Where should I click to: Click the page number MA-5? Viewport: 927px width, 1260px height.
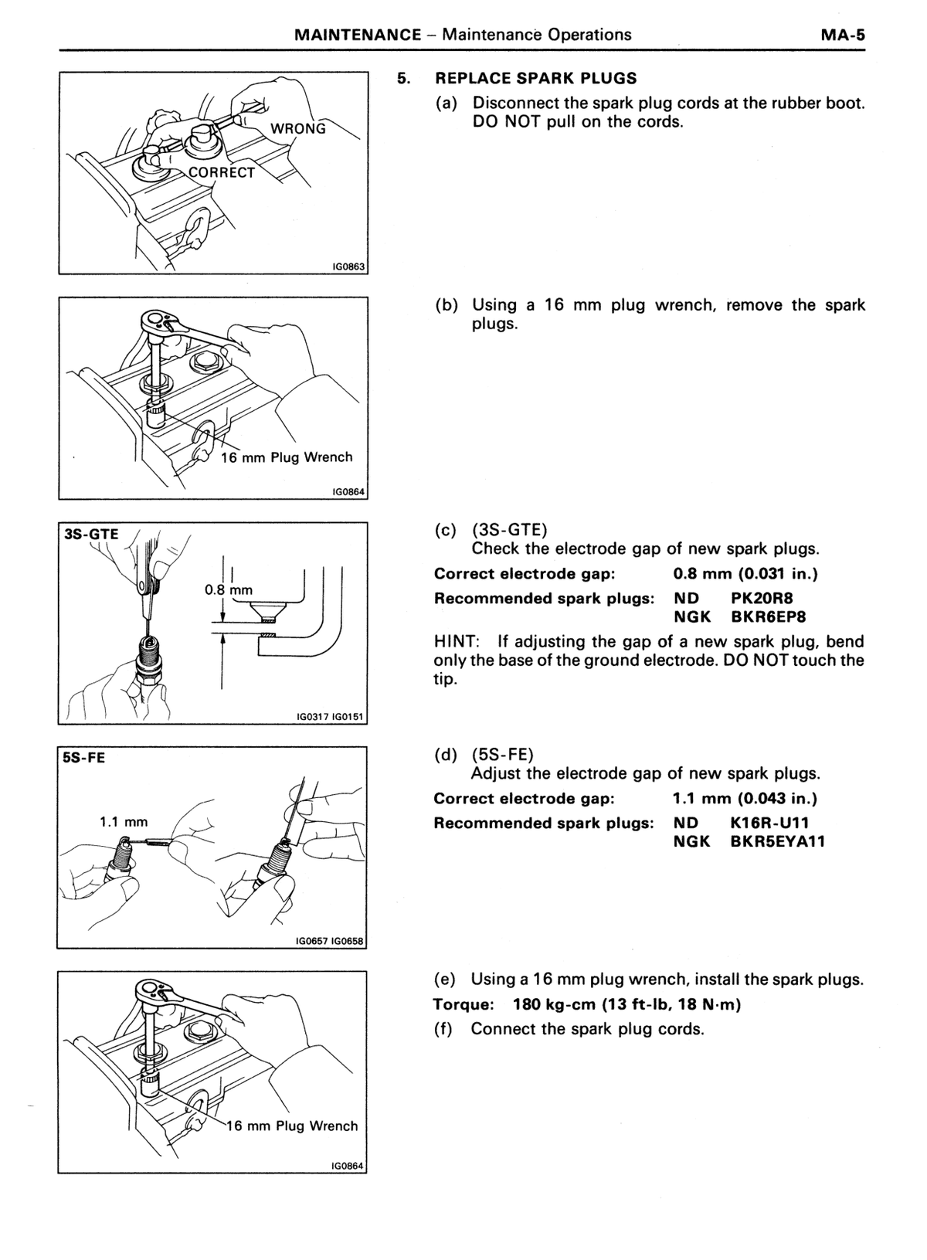[x=843, y=35]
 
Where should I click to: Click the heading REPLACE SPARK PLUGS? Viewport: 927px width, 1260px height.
[x=536, y=78]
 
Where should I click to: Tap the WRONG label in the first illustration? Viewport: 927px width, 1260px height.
[x=298, y=129]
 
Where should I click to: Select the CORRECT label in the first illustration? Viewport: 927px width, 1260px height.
[x=222, y=173]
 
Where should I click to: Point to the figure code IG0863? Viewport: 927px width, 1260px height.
[x=348, y=267]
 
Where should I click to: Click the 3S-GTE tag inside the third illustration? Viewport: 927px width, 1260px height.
[x=92, y=534]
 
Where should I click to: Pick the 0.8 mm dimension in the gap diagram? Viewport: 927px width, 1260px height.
[x=229, y=590]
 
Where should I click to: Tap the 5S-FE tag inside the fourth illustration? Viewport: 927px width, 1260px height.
[x=84, y=758]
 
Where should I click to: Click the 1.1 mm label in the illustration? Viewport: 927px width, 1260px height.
[x=124, y=822]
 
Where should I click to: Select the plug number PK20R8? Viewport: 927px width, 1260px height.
[x=762, y=598]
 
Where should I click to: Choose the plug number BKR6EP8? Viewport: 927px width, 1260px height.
[x=769, y=617]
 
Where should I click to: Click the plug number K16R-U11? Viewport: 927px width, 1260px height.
[x=769, y=823]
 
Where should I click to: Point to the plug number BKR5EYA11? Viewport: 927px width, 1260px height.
[x=777, y=842]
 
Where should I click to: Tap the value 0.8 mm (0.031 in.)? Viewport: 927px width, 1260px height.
[x=745, y=574]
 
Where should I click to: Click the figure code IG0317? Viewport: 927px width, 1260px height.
[x=313, y=717]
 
